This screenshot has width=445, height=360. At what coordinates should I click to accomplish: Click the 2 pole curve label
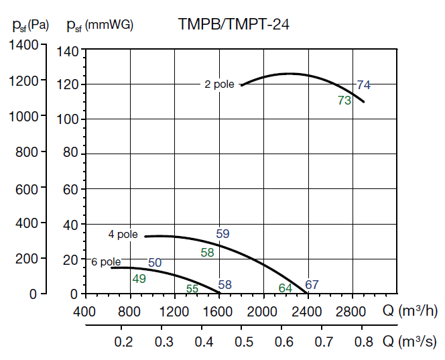point(220,84)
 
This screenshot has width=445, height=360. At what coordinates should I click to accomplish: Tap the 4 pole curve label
point(123,235)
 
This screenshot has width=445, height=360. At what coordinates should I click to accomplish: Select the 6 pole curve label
point(106,262)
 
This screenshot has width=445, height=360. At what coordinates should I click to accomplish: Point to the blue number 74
point(363,85)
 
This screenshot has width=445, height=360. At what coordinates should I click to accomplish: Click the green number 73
point(344,101)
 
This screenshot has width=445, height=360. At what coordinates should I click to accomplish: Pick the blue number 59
point(223,234)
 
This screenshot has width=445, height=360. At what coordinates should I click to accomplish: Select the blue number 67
point(312,285)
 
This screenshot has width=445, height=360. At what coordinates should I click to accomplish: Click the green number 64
point(285,288)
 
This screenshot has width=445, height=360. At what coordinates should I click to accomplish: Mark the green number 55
point(192,289)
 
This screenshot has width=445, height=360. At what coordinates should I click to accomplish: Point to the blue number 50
point(155,263)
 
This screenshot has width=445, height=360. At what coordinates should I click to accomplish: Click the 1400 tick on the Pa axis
point(24,45)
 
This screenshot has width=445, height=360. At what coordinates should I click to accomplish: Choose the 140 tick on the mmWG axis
point(69,50)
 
